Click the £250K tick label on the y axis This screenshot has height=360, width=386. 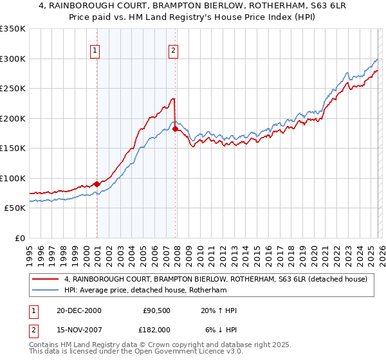[12, 88]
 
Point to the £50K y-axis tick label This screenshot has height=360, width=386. [14, 208]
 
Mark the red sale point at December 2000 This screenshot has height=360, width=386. [97, 184]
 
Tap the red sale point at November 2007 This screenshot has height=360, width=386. [176, 129]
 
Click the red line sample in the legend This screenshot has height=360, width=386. [46, 279]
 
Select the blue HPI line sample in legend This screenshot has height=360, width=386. [46, 290]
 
